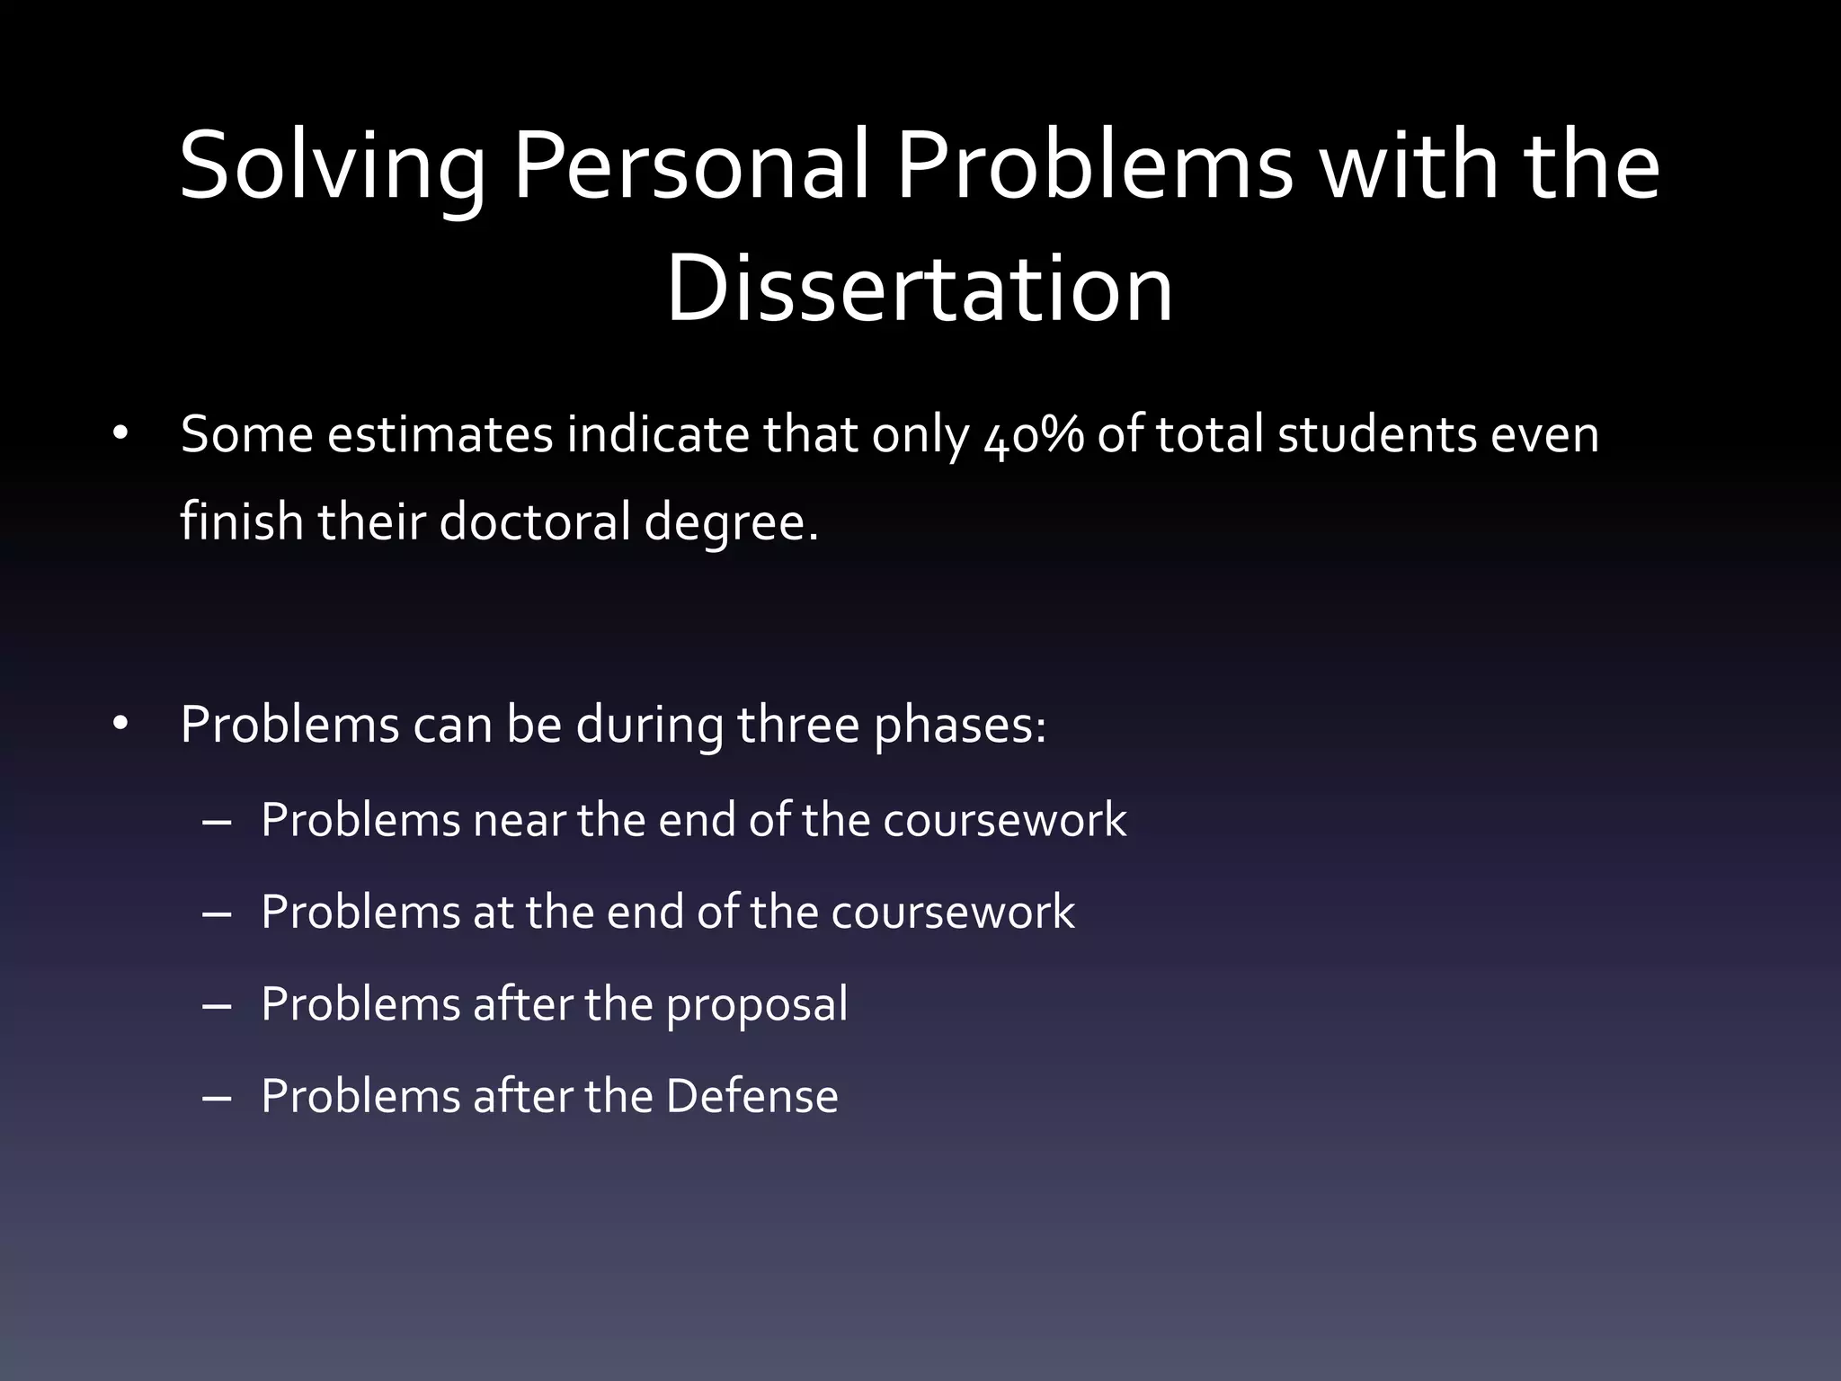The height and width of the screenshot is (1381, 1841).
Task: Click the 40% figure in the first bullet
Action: (x=1034, y=436)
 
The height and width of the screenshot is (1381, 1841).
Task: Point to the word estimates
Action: (x=440, y=435)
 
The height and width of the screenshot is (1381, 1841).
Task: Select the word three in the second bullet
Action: (x=798, y=725)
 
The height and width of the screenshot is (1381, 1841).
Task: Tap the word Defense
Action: (x=752, y=1096)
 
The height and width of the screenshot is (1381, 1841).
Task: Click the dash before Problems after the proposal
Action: (x=218, y=1005)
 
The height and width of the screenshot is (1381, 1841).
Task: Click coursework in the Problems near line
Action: (x=1004, y=821)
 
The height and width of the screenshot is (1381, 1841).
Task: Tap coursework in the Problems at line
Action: (x=952, y=913)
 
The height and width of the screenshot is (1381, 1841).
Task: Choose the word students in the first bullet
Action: (x=1377, y=435)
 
